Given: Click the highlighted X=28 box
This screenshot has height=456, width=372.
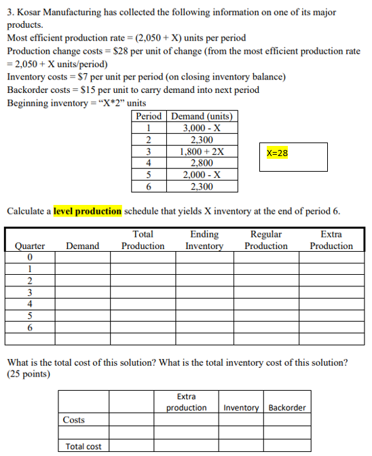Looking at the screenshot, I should [278, 153].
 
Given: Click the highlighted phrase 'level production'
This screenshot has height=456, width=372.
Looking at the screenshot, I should [88, 211].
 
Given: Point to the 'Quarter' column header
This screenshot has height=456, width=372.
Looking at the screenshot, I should [30, 246].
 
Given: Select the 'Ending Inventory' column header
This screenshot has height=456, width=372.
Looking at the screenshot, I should [204, 240].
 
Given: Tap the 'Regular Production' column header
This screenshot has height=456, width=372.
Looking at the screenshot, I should [266, 240].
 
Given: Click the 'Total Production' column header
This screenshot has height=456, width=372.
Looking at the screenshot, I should [143, 240].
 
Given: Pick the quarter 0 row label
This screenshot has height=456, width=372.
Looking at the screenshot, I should [29, 258].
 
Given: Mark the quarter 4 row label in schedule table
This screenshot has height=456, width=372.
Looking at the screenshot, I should [29, 304].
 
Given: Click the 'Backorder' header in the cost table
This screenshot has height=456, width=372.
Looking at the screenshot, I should [287, 408].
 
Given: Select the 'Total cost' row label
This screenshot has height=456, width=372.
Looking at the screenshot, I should [83, 446].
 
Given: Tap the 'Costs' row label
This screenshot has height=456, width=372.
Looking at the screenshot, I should [74, 420].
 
